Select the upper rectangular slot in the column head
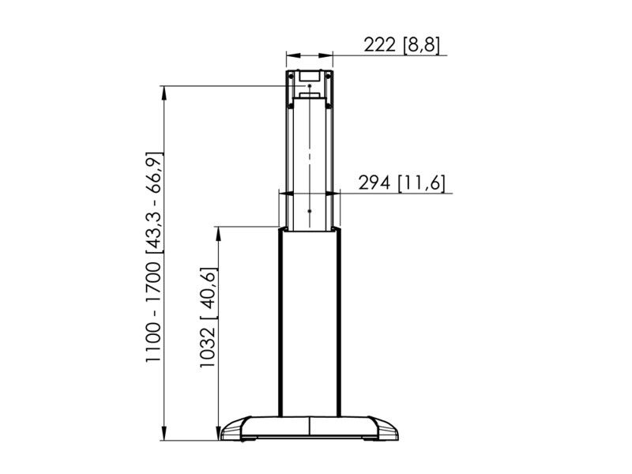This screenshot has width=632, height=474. click(x=309, y=76)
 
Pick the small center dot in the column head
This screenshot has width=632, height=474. click(x=310, y=85)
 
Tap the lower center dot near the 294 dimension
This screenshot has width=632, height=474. click(x=310, y=210)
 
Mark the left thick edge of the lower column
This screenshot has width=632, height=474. click(x=279, y=324)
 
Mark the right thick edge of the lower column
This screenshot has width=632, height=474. click(x=340, y=324)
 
